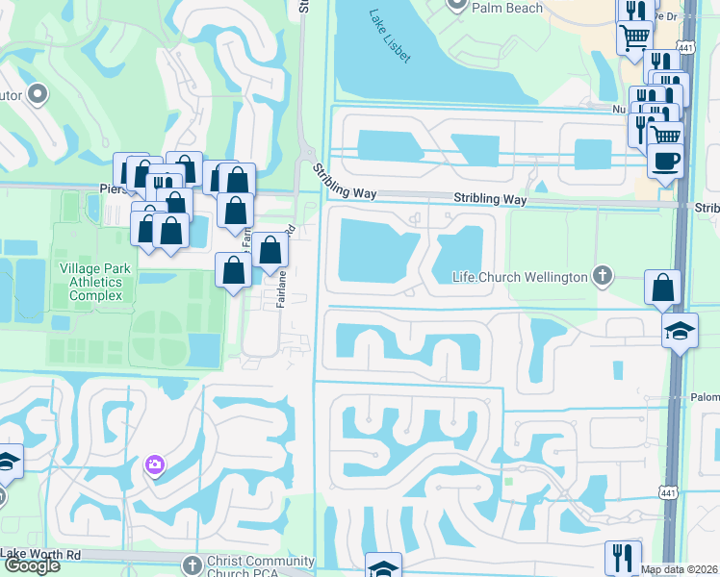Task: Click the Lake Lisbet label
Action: [390, 38]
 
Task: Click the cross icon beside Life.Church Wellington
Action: [603, 277]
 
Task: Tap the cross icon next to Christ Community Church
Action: [191, 564]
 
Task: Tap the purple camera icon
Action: [155, 466]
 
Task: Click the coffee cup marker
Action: [665, 161]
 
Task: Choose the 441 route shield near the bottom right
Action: [667, 492]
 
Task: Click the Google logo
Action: [32, 565]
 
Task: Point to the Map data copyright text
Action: [680, 569]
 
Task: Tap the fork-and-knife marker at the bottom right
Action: [623, 557]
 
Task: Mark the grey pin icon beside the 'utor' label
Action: [38, 94]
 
